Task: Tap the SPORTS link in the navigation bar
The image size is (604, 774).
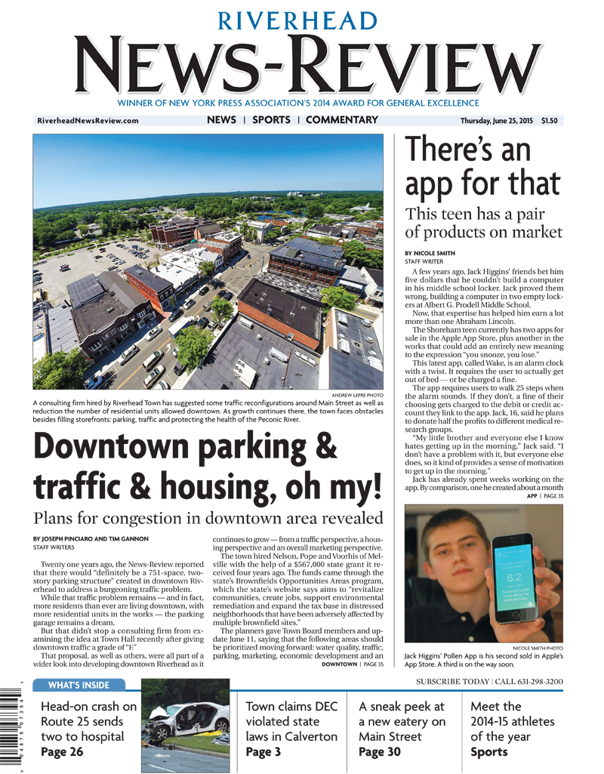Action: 271,120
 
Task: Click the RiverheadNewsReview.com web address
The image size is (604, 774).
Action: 88,121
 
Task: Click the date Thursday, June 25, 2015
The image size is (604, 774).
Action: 496,121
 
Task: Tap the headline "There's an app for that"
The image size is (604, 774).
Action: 482,168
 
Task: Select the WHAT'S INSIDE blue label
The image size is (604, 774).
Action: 78,686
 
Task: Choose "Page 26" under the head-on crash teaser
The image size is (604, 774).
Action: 63,752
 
